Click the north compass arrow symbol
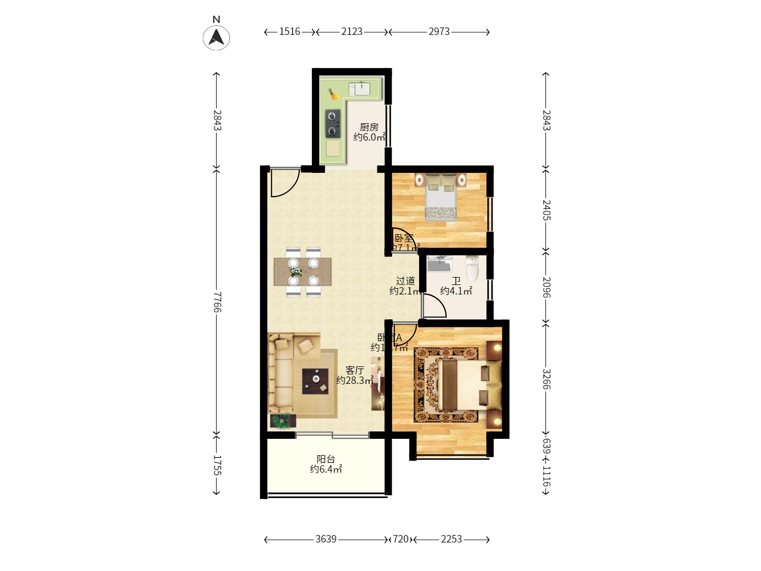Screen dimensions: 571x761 216,37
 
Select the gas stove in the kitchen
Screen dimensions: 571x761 332,123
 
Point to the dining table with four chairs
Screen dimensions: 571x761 303,272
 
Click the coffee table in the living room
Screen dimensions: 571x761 315,381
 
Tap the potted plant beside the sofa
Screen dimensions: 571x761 282,421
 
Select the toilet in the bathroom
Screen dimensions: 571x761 472,268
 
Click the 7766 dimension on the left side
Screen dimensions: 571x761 217,302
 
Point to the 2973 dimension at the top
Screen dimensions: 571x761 439,32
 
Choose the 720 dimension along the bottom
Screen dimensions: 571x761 401,539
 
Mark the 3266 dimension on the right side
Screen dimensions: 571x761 546,379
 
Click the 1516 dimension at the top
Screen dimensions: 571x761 290,32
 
